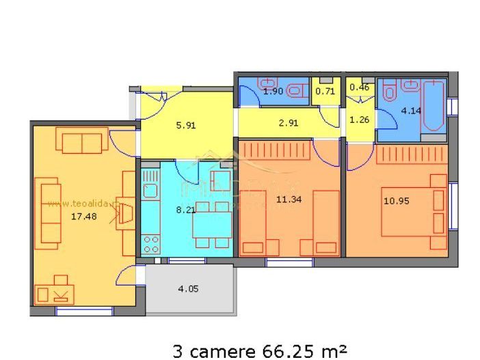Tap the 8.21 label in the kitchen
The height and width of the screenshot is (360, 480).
pos(185,210)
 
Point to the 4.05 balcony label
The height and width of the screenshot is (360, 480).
pos(188,289)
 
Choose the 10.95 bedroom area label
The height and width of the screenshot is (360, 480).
pos(395,201)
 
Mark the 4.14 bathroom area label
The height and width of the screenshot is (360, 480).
pos(410,110)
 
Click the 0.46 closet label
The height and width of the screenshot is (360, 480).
pos(359,87)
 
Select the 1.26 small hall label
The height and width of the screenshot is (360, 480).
pos(359,121)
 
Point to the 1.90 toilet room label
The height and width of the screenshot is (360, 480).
pos(272,90)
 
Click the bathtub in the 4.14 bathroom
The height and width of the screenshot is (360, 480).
pos(432,108)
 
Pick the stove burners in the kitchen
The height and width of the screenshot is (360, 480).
pos(150,244)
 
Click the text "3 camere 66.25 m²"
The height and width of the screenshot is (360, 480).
pos(250,351)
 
